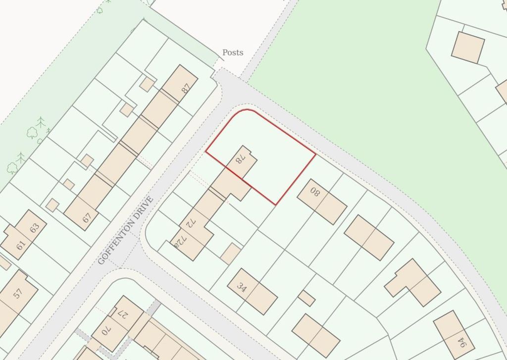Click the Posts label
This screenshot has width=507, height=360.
(233, 52)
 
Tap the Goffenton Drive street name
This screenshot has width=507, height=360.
(126, 231)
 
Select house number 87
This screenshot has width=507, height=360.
(186, 89)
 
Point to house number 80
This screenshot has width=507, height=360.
(315, 192)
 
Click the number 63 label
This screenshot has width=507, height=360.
(34, 228)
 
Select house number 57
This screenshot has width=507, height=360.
(18, 293)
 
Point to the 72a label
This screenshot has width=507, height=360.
(178, 241)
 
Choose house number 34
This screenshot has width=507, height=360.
(242, 288)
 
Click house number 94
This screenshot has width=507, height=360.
(461, 342)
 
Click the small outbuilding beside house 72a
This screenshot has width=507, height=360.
(230, 253)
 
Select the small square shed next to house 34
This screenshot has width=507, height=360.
(306, 298)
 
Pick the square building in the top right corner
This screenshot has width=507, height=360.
(468, 47)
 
